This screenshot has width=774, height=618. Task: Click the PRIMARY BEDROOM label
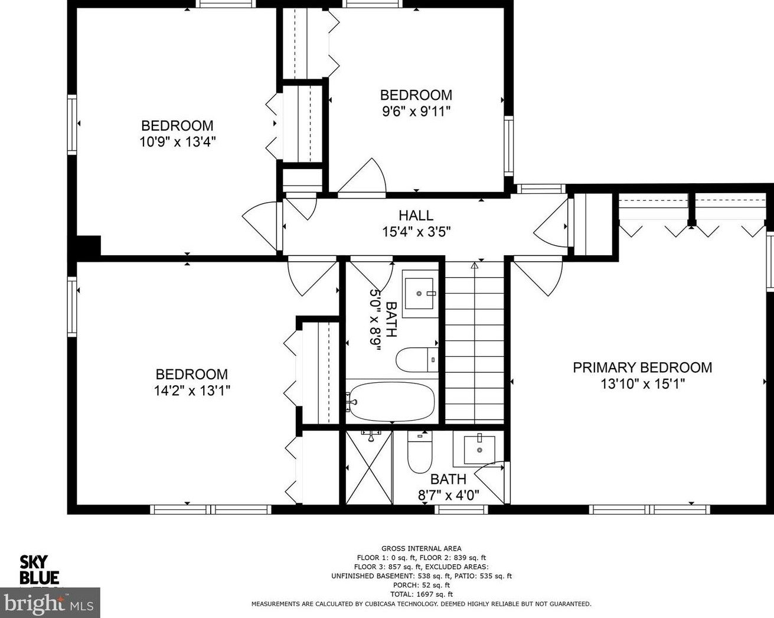(x=642, y=367)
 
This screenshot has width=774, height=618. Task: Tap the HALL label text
(x=416, y=215)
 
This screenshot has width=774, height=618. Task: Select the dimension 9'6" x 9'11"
(x=416, y=111)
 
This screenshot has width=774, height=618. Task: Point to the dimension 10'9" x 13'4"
(x=178, y=142)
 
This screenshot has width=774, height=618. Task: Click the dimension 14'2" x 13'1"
(x=192, y=390)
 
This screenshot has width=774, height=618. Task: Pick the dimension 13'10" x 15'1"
(x=642, y=384)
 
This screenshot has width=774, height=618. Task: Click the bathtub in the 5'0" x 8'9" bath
(x=391, y=402)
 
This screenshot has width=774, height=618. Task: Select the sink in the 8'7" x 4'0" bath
(x=479, y=450)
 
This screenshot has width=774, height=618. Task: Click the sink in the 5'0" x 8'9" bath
(x=419, y=294)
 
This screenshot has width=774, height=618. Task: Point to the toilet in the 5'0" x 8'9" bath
(x=417, y=360)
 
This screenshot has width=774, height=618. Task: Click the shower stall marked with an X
(x=369, y=467)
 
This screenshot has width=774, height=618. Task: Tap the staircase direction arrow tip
(x=475, y=264)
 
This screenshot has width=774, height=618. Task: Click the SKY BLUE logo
(x=39, y=570)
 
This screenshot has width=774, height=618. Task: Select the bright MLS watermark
(x=50, y=603)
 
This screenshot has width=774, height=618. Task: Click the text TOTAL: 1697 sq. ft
(x=422, y=594)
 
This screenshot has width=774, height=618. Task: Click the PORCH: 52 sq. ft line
(x=422, y=585)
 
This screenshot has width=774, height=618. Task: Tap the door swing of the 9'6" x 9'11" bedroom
(x=362, y=177)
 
